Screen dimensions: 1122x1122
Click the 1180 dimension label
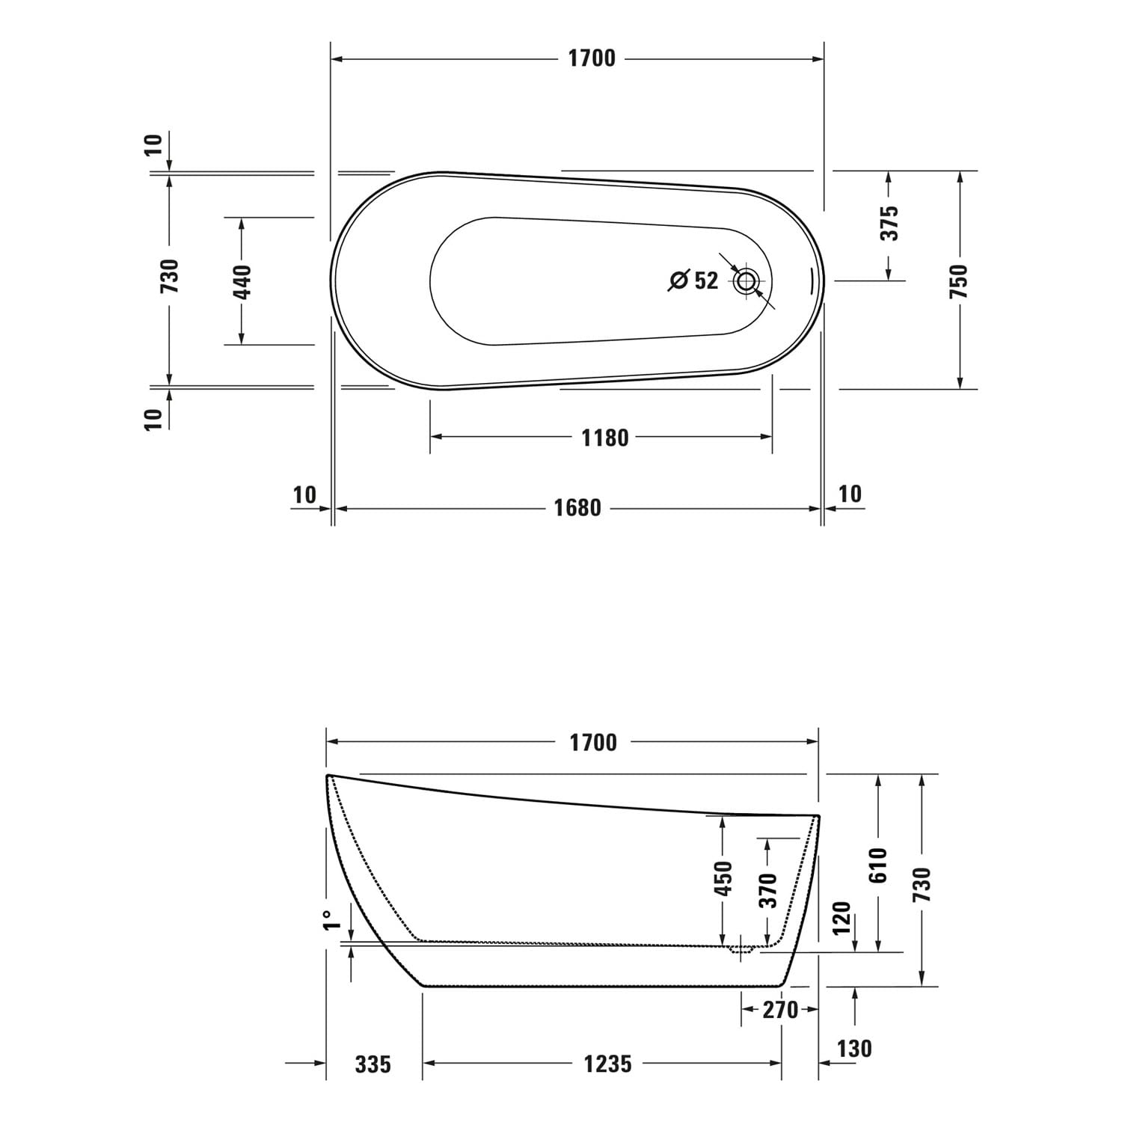click(x=604, y=438)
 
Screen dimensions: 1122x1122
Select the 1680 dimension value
click(x=577, y=508)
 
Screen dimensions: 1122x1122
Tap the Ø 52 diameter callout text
click(x=693, y=280)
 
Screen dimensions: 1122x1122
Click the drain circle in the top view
click(x=747, y=281)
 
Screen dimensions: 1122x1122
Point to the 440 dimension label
click(x=242, y=281)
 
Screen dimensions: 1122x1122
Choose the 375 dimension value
click(x=889, y=223)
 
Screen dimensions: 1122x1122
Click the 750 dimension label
click(x=959, y=281)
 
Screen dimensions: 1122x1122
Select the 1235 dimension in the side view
click(x=607, y=1063)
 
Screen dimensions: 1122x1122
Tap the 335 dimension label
click(x=373, y=1063)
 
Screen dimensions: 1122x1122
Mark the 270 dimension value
click(x=780, y=1010)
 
